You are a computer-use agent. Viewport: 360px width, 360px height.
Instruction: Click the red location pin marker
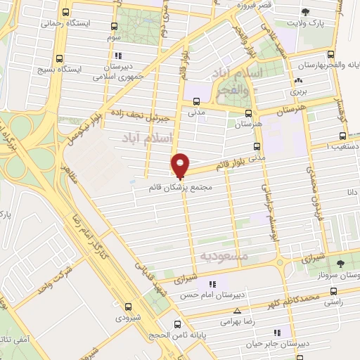pyautogui.click(x=181, y=165)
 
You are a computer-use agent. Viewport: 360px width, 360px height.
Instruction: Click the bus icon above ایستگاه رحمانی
pyautogui.click(x=65, y=12)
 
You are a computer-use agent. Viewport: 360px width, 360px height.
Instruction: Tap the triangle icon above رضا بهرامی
pyautogui.click(x=237, y=309)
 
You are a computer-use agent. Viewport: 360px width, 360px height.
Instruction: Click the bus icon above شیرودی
pyautogui.click(x=127, y=306)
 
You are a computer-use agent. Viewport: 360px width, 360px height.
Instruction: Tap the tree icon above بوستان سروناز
pyautogui.click(x=340, y=264)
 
